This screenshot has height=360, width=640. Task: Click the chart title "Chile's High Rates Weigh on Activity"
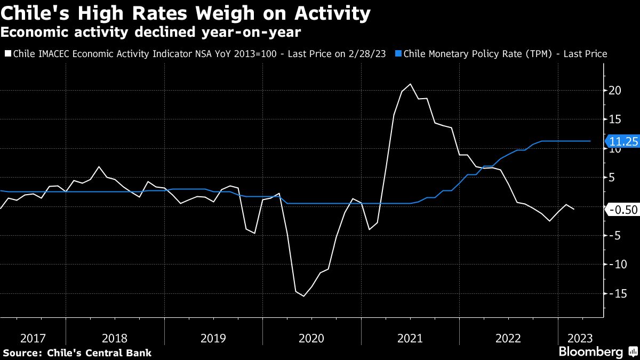(186, 13)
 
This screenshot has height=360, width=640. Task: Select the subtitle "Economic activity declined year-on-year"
(150, 33)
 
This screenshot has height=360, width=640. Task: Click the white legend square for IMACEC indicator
(7, 54)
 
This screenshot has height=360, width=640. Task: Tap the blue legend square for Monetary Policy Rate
(398, 54)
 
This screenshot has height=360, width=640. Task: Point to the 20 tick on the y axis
(614, 91)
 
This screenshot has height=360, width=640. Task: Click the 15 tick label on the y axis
(614, 119)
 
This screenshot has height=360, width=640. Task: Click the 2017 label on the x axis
(33, 338)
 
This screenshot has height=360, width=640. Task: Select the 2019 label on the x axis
(213, 338)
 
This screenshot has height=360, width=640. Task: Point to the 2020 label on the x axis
(311, 338)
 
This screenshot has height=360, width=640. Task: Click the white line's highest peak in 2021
(410, 84)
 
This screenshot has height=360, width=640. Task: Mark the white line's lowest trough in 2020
(304, 296)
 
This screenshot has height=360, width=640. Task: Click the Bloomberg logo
(590, 352)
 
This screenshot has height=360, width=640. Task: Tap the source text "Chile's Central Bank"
(99, 353)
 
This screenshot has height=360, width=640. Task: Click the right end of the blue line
(590, 141)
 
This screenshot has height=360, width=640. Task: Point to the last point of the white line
(574, 209)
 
